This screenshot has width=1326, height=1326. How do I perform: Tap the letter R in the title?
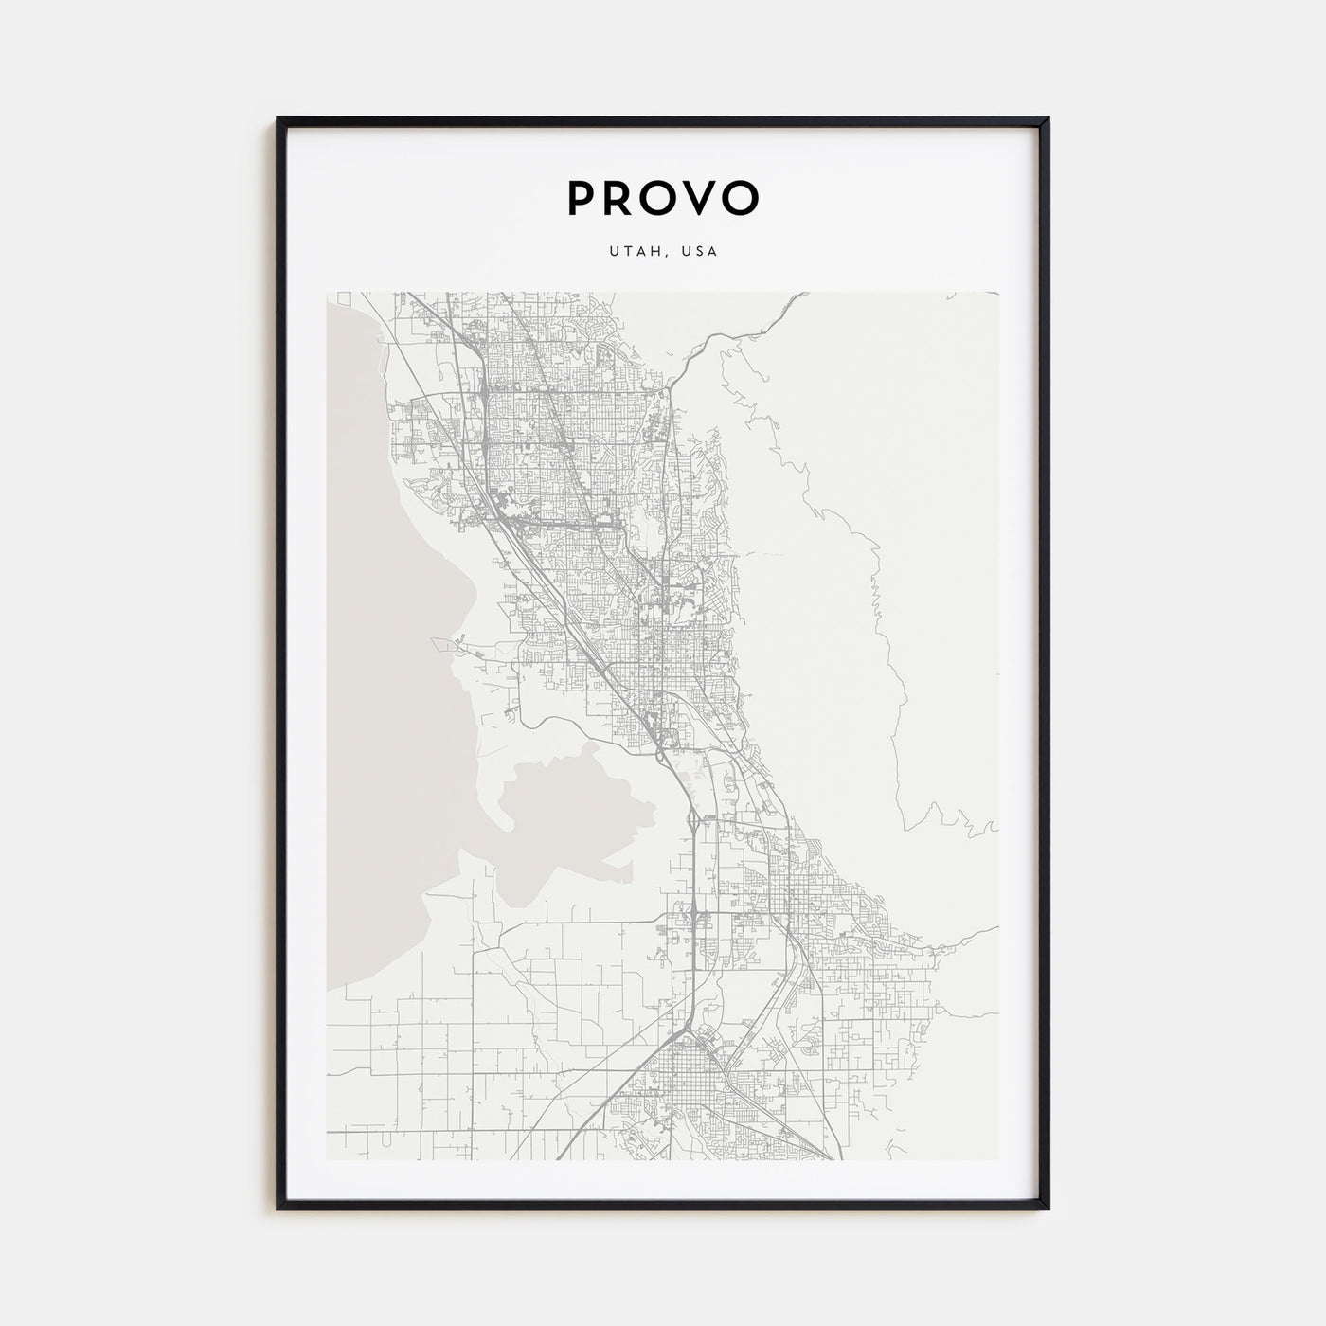[618, 197]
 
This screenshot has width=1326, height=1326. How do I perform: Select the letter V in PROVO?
[701, 197]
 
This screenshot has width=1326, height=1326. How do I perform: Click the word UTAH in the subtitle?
[627, 252]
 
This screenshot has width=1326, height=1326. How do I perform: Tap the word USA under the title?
[702, 252]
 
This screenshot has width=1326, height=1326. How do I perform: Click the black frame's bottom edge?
[663, 1207]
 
